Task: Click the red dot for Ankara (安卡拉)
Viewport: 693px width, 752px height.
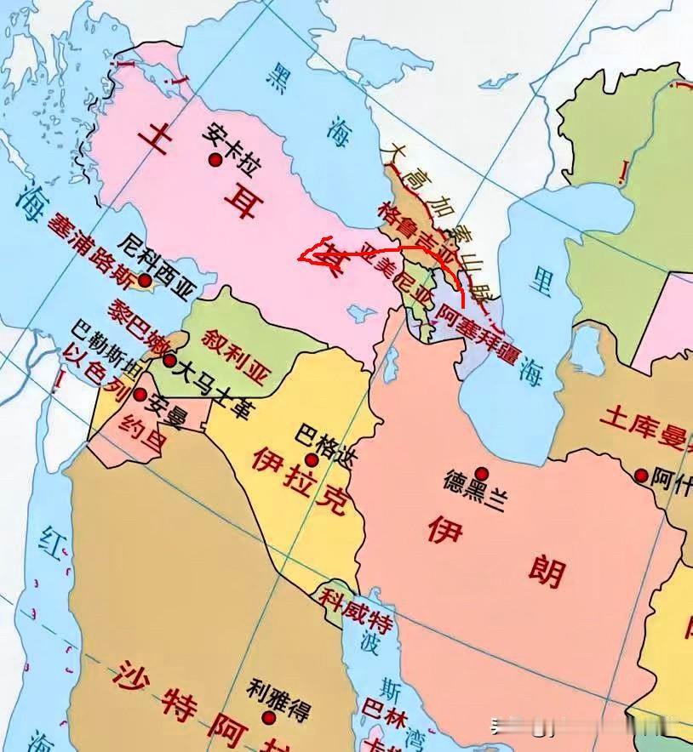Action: coord(216,159)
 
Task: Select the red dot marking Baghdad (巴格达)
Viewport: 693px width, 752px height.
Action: coord(312,459)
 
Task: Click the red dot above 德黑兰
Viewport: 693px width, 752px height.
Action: coord(482,473)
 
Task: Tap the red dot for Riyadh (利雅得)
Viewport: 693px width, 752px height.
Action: coord(270,717)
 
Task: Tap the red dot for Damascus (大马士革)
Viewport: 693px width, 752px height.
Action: coord(170,362)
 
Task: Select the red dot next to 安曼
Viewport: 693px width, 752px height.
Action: coord(140,395)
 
